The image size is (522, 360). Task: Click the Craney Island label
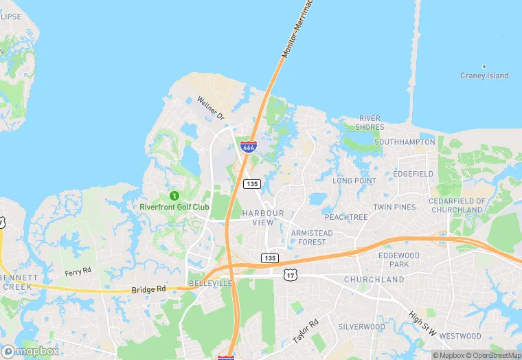[x=484, y=76]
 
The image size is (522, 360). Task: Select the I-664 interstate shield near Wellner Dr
[x=249, y=147]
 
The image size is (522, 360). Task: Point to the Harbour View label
[x=262, y=218]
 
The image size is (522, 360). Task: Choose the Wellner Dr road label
[x=211, y=109]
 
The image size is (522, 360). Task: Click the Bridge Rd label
[x=149, y=290]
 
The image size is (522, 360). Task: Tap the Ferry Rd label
[x=78, y=272]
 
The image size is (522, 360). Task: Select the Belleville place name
[x=209, y=283]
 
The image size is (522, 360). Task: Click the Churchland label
[x=374, y=280]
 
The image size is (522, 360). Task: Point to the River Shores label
[x=370, y=122]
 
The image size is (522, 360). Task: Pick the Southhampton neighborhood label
[x=405, y=142]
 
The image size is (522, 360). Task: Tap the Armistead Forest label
[x=313, y=237]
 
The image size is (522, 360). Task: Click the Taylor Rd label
[x=306, y=331]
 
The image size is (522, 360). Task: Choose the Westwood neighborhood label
[x=459, y=336]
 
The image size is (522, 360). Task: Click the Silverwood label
[x=361, y=327]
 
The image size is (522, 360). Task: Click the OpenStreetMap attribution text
[x=492, y=355]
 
